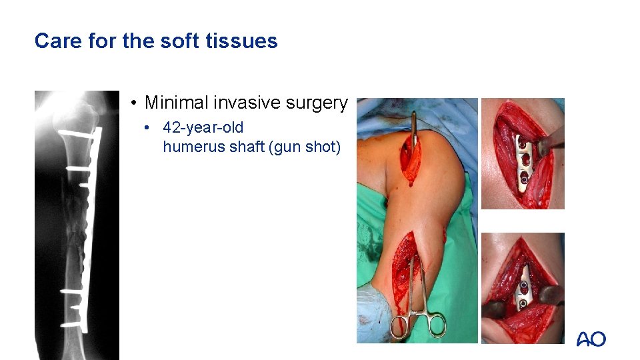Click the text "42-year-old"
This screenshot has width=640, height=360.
tap(203, 127)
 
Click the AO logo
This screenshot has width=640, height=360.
tap(591, 339)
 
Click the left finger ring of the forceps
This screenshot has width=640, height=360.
tap(399, 327)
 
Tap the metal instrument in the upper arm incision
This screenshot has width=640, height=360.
tap(414, 130)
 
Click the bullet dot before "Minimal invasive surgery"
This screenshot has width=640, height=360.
tap(134, 103)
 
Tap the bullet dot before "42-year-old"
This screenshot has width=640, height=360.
tap(153, 127)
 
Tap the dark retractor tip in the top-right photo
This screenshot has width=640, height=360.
tap(549, 142)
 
